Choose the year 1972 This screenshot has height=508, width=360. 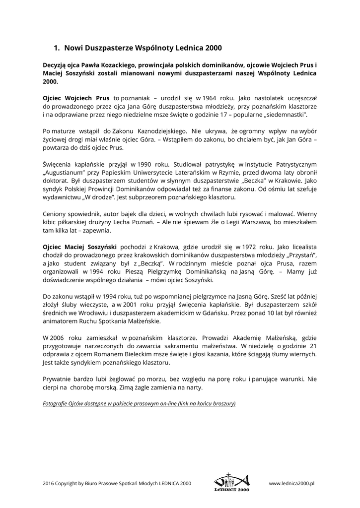coord(257,246)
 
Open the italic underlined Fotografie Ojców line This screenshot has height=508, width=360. coord(139,403)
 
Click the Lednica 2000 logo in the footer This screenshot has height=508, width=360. coord(232,482)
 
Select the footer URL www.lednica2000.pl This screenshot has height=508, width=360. coord(292,482)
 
